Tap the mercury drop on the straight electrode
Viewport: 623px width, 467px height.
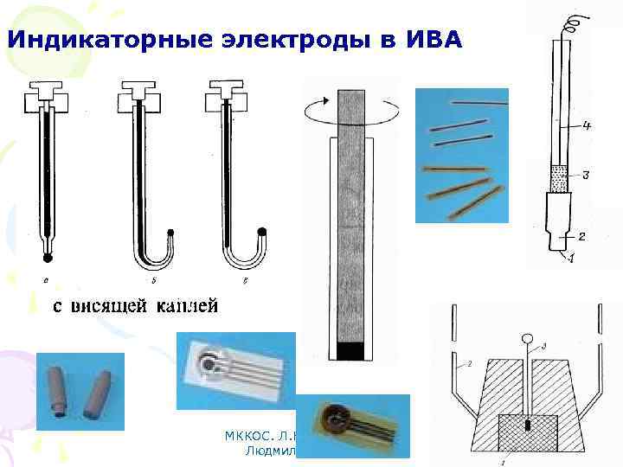coord(48,257)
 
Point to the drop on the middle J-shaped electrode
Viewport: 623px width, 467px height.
coord(171,232)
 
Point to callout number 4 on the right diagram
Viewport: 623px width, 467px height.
coord(586,126)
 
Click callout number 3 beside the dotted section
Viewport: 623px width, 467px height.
coord(585,176)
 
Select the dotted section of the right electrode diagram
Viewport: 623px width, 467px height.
coord(559,179)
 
